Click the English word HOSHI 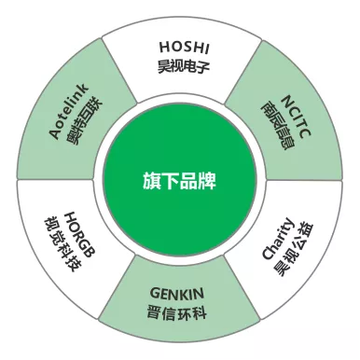click(185, 47)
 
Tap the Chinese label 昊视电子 click(184, 66)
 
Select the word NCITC click(296, 117)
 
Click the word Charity click(277, 239)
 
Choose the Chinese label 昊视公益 click(294, 249)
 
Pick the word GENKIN click(177, 293)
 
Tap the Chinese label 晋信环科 click(176, 312)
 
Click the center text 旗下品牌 click(179, 181)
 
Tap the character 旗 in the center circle click(152, 181)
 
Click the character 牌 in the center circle click(207, 181)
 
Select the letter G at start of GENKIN click(155, 293)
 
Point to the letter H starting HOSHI click(164, 48)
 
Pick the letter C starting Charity click(268, 254)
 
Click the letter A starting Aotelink click(56, 133)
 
